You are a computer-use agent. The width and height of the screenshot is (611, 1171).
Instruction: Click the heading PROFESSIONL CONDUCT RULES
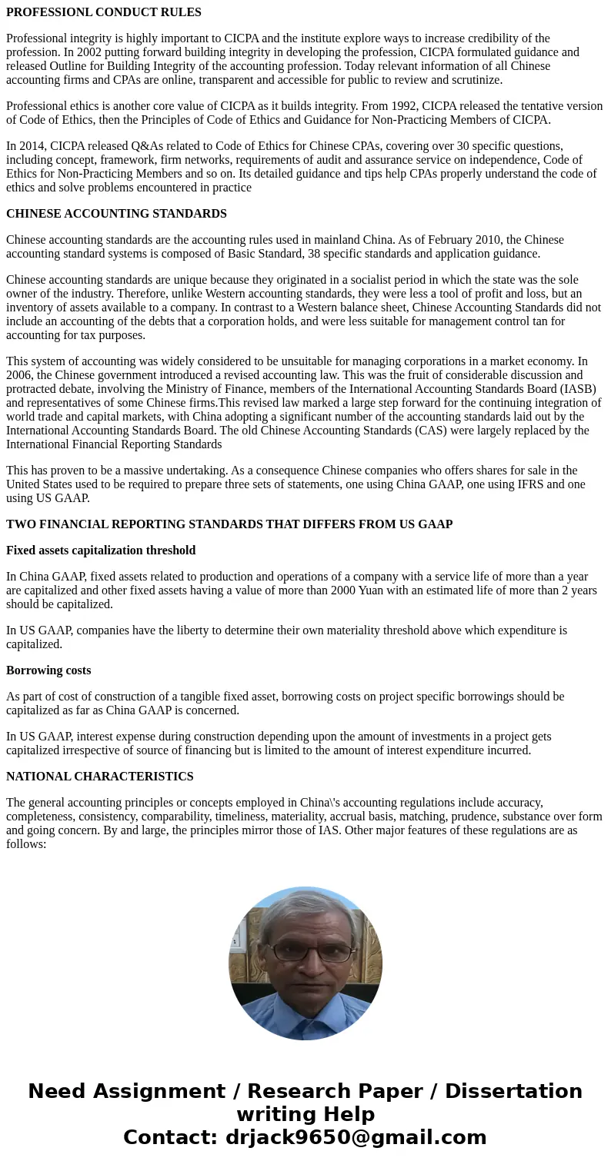coord(104,12)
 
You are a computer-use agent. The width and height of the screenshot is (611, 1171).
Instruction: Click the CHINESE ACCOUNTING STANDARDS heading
coord(116,214)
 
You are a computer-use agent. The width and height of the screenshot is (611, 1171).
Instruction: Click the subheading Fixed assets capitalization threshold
coord(101,551)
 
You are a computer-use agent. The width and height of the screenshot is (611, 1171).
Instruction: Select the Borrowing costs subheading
coord(48,670)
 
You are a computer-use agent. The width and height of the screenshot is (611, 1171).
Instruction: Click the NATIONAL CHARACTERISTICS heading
coord(100,777)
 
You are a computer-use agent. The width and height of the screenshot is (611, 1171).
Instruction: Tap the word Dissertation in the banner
coord(513,1092)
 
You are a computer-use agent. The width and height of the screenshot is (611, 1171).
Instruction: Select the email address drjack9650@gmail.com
coord(356,1138)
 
